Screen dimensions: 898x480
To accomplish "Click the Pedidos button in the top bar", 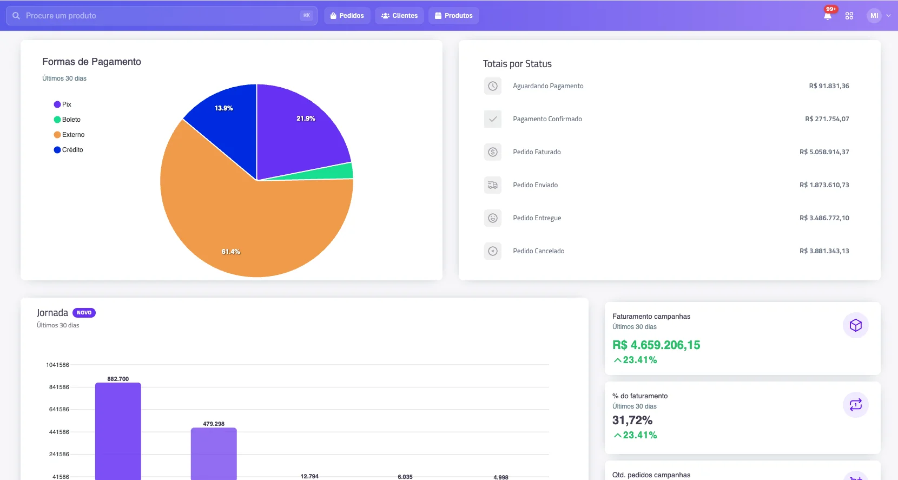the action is [347, 16].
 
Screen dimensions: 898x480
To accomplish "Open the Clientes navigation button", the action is [399, 16].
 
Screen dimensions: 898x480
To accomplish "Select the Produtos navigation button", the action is [454, 16].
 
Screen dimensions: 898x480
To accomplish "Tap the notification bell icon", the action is [828, 16].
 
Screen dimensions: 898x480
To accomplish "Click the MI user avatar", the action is [874, 16].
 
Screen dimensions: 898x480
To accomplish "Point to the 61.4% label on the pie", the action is [231, 252].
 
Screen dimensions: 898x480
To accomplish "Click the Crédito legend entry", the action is [69, 149].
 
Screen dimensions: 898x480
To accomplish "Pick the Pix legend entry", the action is [63, 104].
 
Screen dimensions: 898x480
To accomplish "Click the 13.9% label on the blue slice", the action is [224, 108].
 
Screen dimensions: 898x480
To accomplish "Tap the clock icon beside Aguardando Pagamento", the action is [493, 86].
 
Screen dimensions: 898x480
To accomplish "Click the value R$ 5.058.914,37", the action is [824, 152].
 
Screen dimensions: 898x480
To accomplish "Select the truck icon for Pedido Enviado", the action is [493, 185].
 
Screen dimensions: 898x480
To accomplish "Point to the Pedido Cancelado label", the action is [538, 251].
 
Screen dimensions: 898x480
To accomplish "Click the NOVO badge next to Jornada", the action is [84, 312].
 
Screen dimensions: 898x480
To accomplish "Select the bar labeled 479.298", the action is [214, 453].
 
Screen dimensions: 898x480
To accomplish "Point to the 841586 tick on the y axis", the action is [59, 387].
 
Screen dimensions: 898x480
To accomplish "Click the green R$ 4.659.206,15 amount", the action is [656, 345].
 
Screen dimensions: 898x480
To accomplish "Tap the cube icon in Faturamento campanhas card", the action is [855, 325].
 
